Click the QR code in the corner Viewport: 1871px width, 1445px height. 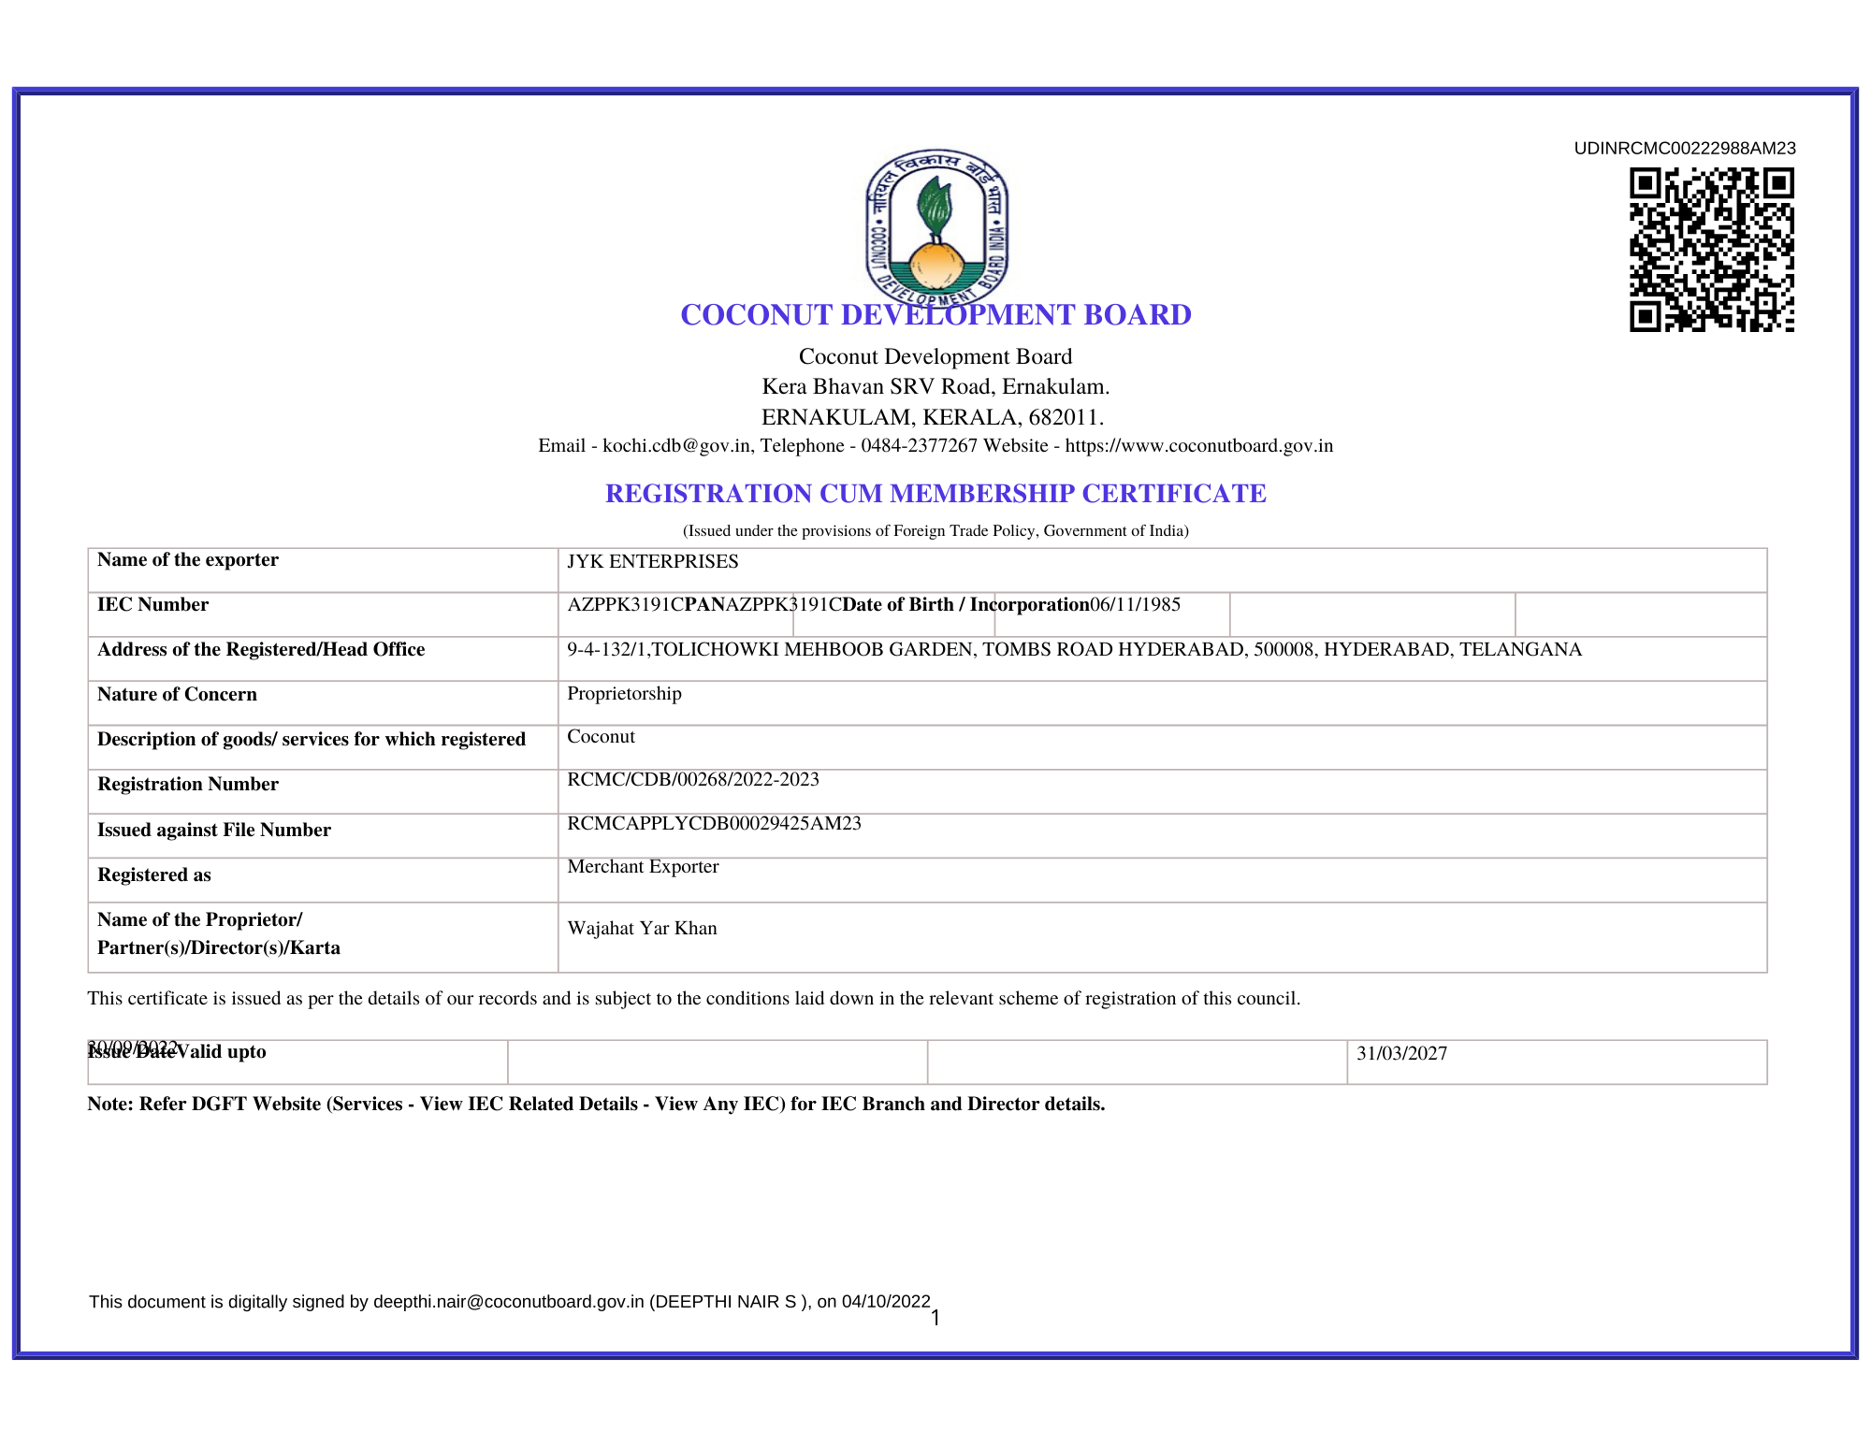[x=1711, y=250]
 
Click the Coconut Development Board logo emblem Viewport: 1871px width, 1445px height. [x=936, y=227]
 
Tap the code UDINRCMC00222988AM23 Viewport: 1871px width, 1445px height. [x=1684, y=149]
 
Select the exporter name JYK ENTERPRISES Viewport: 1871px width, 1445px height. [x=652, y=561]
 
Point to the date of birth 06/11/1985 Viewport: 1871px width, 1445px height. [x=1135, y=604]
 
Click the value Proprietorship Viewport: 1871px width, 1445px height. [x=624, y=694]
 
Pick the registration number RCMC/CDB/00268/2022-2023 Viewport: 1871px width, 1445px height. [x=692, y=780]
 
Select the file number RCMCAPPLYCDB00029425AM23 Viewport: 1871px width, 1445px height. [x=714, y=824]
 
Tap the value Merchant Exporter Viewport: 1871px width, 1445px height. [x=643, y=867]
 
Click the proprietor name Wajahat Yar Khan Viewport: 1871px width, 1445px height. [x=642, y=929]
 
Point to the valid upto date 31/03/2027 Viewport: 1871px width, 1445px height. [x=1401, y=1054]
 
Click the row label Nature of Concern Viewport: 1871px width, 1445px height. [x=177, y=695]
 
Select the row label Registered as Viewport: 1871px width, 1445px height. [x=154, y=875]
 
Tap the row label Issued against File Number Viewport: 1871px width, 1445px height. [x=214, y=831]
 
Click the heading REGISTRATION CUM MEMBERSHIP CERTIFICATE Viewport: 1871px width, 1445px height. [x=935, y=494]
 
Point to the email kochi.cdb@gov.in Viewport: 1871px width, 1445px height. [x=676, y=446]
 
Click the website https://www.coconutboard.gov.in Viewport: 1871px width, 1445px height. [x=1198, y=446]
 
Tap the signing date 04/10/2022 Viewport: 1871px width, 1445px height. [x=886, y=1302]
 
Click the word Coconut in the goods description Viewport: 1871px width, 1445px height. [x=601, y=737]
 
